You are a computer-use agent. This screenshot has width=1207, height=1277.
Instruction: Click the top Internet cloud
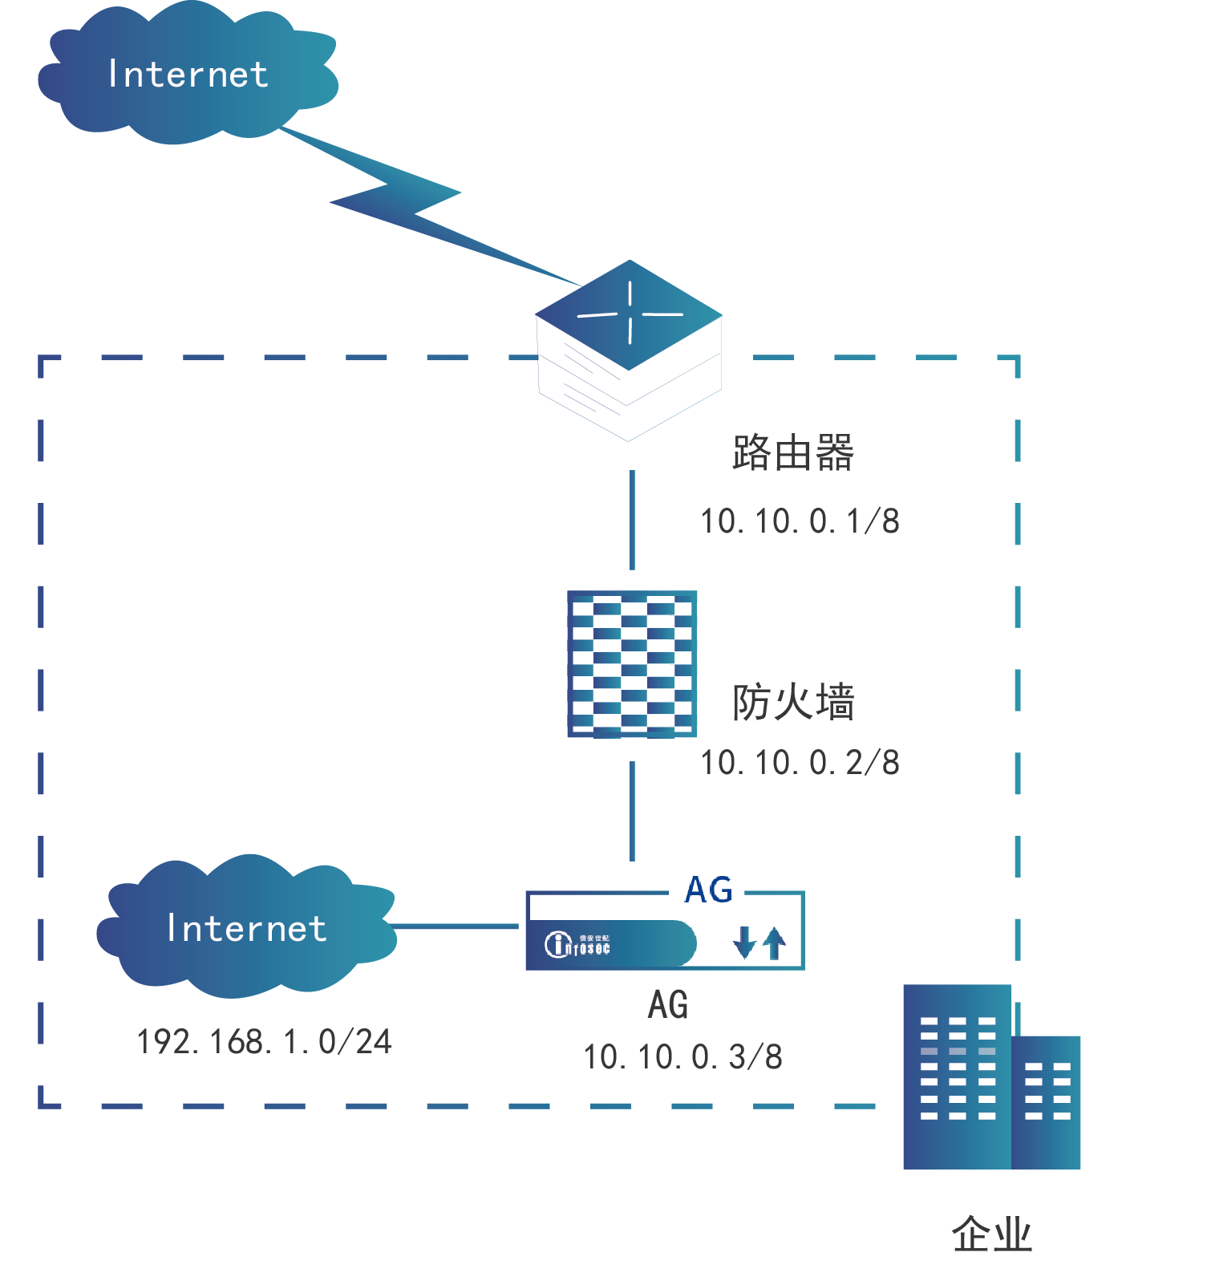[188, 75]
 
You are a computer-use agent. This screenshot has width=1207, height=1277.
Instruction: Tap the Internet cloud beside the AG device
[246, 928]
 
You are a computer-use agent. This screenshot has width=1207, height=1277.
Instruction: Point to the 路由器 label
[792, 453]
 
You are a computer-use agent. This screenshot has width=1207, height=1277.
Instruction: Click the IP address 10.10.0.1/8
[800, 521]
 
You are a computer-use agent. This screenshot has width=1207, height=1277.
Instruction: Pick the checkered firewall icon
[632, 663]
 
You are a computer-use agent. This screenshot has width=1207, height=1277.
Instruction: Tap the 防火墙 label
[792, 703]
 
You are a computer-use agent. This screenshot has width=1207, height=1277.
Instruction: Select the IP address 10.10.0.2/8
[800, 763]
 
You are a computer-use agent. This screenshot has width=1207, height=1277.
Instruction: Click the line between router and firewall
[632, 520]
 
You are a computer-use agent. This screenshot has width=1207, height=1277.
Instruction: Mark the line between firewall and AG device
[632, 810]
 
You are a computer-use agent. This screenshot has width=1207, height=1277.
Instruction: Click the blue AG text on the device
[708, 890]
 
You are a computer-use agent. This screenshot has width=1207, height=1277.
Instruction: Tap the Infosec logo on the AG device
[577, 944]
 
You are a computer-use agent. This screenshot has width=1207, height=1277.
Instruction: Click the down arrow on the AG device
[744, 943]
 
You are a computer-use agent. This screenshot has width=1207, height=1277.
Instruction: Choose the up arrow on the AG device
[774, 943]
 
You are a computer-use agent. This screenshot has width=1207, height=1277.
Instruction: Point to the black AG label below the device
[668, 1005]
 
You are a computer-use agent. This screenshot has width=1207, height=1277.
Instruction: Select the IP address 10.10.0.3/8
[682, 1057]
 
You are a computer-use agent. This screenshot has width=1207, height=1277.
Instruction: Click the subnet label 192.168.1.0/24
[264, 1042]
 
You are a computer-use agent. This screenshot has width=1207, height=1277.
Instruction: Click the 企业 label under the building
[991, 1234]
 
